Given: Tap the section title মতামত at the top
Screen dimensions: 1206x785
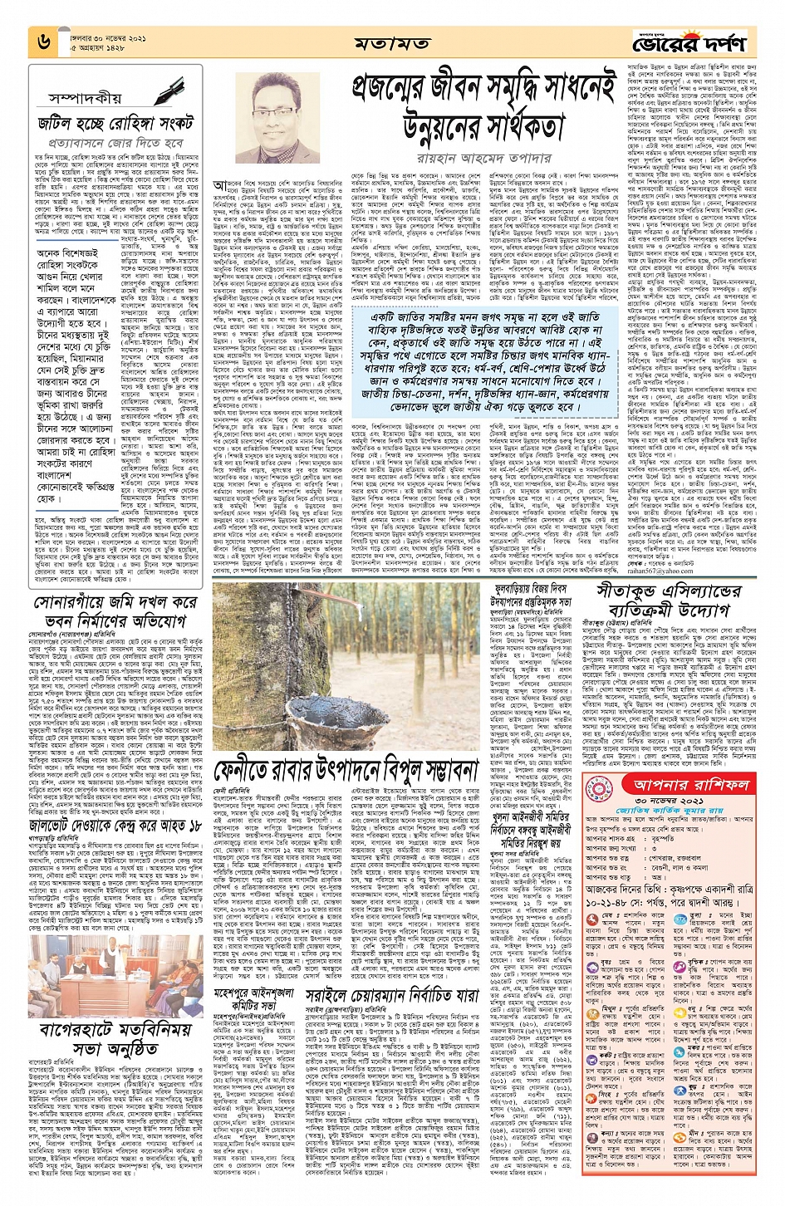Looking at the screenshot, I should coord(392,42).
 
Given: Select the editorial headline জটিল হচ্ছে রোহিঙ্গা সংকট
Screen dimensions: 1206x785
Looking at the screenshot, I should coord(115,124).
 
